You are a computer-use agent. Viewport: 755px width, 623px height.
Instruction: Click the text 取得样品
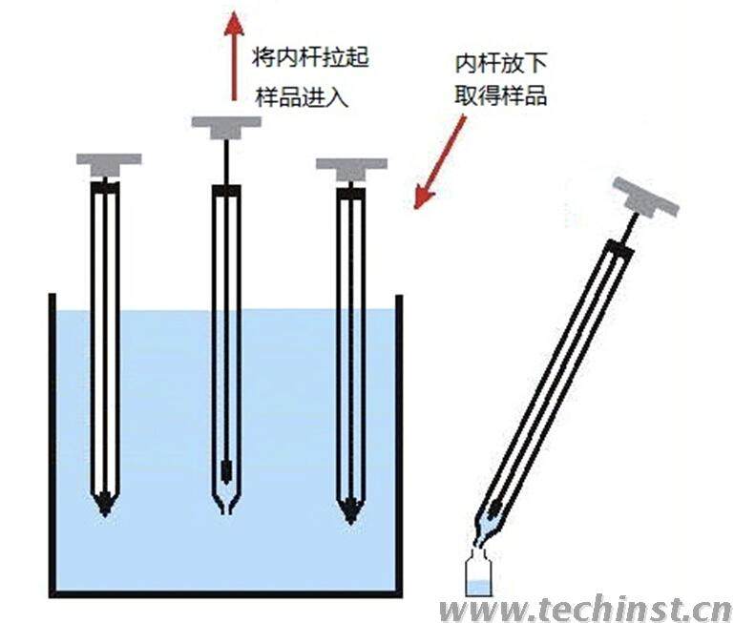coord(500,95)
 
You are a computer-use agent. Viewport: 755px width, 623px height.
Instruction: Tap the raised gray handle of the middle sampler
coord(226,125)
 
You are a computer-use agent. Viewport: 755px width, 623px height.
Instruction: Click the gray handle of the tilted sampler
coord(646,197)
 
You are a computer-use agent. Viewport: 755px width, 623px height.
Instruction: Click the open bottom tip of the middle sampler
coord(226,508)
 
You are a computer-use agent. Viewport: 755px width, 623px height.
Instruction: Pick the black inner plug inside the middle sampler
coord(226,471)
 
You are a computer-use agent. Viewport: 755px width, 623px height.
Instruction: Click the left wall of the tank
coord(52,439)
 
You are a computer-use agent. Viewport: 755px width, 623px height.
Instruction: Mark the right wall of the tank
coord(398,439)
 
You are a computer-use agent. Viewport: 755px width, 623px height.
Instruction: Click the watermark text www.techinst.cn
coord(585,608)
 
